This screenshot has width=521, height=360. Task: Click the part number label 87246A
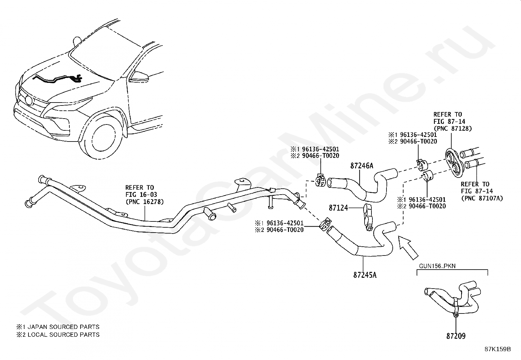tap(362, 166)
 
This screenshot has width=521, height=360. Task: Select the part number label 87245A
tap(365, 275)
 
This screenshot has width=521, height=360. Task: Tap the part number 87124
tap(338, 208)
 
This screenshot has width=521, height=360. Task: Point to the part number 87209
tap(456, 336)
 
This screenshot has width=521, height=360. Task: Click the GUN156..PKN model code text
tap(437, 266)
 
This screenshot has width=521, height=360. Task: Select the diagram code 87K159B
tap(498, 349)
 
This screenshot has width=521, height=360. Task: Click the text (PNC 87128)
tap(453, 128)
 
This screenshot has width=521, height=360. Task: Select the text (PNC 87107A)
tap(482, 198)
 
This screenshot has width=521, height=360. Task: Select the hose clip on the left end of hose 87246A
tap(320, 180)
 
